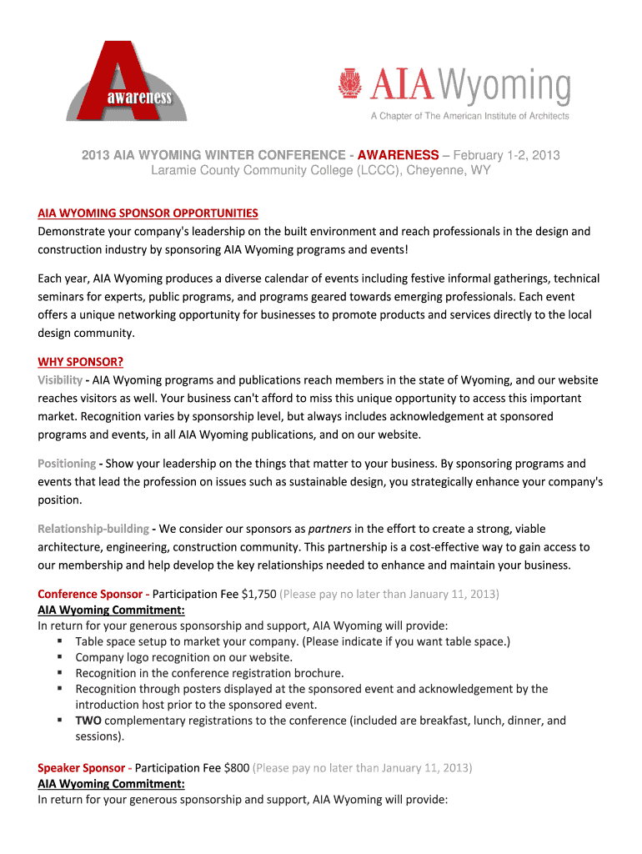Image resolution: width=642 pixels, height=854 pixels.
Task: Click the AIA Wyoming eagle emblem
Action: [x=349, y=84]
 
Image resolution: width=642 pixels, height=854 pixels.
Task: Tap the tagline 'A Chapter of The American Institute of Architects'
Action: [x=469, y=116]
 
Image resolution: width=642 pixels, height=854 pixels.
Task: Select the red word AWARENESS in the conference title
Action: [x=404, y=155]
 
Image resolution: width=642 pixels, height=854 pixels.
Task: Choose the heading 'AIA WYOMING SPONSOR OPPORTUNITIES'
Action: [x=148, y=213]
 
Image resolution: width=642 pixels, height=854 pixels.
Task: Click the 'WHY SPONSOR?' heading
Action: [x=80, y=362]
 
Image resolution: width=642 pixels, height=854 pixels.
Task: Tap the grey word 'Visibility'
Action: [x=59, y=380]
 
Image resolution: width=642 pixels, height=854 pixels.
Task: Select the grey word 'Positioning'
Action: [x=67, y=464]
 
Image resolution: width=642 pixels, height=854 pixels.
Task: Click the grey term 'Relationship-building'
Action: [x=93, y=529]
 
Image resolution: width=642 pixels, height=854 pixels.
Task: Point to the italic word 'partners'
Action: [x=329, y=529]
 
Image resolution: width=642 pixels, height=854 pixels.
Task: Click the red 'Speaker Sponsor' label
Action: [x=81, y=767]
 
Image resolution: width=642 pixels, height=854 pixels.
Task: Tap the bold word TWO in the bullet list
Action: [x=88, y=721]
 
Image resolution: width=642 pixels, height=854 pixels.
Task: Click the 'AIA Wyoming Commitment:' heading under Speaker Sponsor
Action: [x=111, y=785]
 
